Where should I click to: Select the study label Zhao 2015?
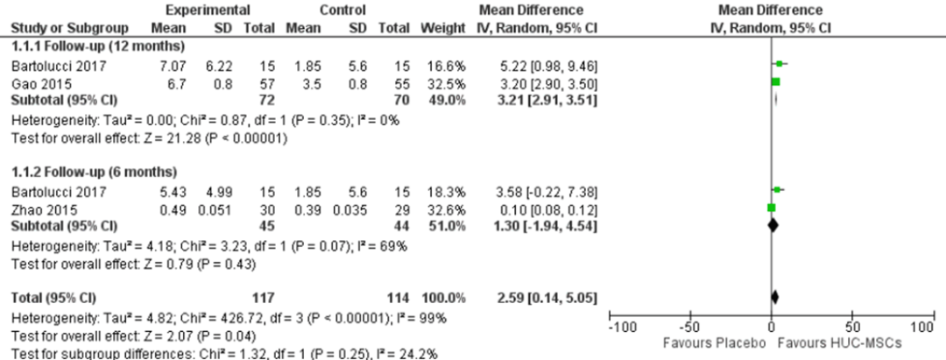[33, 211]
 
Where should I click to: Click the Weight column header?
[443, 27]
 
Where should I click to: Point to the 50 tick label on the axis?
[851, 326]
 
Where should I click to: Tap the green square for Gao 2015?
[775, 81]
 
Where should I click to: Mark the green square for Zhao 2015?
[772, 208]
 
